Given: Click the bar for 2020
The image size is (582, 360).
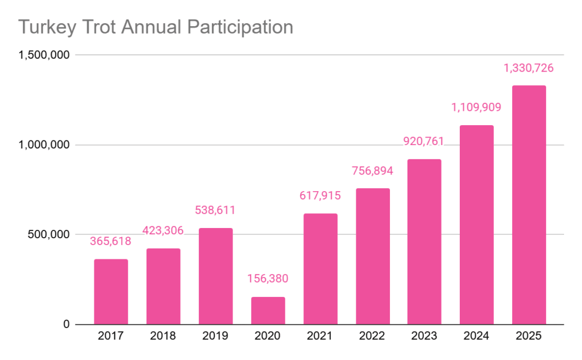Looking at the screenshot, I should [268, 311].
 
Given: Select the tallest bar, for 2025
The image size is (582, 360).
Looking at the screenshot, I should [529, 205].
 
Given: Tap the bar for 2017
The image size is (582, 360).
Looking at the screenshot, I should [111, 292].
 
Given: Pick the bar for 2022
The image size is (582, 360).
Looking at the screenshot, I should [373, 256].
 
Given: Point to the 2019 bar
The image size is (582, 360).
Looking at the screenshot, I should [215, 276].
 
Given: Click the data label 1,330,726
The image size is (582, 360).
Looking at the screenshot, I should [529, 68].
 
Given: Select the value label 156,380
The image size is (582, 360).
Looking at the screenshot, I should [268, 279].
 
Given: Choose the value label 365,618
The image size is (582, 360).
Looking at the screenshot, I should [111, 241].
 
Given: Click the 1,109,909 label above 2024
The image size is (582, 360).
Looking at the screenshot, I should [476, 107].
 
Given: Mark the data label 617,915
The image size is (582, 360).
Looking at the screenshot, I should [320, 196].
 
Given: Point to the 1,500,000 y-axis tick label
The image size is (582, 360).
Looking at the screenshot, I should [44, 55].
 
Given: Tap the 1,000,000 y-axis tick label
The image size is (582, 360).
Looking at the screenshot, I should [44, 145].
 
